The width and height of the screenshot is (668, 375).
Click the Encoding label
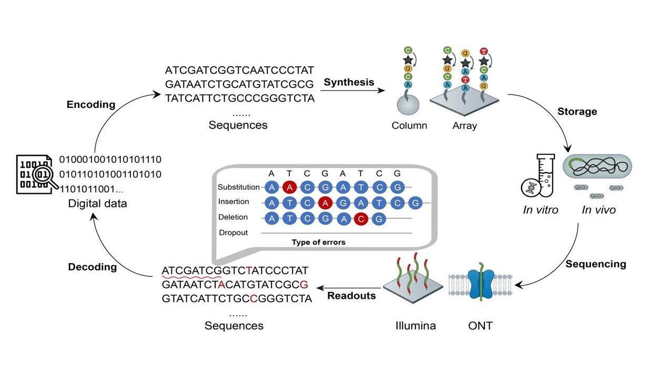[x=90, y=105]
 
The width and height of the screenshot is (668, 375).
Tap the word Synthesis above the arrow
[x=349, y=82]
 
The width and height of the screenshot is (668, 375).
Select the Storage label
[x=577, y=111]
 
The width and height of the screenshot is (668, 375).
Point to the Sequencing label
[x=595, y=264]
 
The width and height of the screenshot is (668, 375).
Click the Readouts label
[x=351, y=296]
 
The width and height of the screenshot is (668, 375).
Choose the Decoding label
[x=92, y=267]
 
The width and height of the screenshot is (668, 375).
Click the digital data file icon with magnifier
[x=36, y=174]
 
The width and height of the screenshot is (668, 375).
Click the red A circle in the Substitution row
[x=288, y=187]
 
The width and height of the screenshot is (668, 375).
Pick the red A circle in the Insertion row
[x=325, y=202]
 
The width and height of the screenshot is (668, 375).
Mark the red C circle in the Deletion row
[x=360, y=218]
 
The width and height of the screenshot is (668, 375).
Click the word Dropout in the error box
[x=233, y=233]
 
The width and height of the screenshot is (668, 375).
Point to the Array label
[x=464, y=126]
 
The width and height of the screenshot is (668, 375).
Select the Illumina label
[x=416, y=326]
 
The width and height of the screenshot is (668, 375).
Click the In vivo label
[x=599, y=210]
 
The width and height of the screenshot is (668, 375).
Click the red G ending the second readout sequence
[x=303, y=285]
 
